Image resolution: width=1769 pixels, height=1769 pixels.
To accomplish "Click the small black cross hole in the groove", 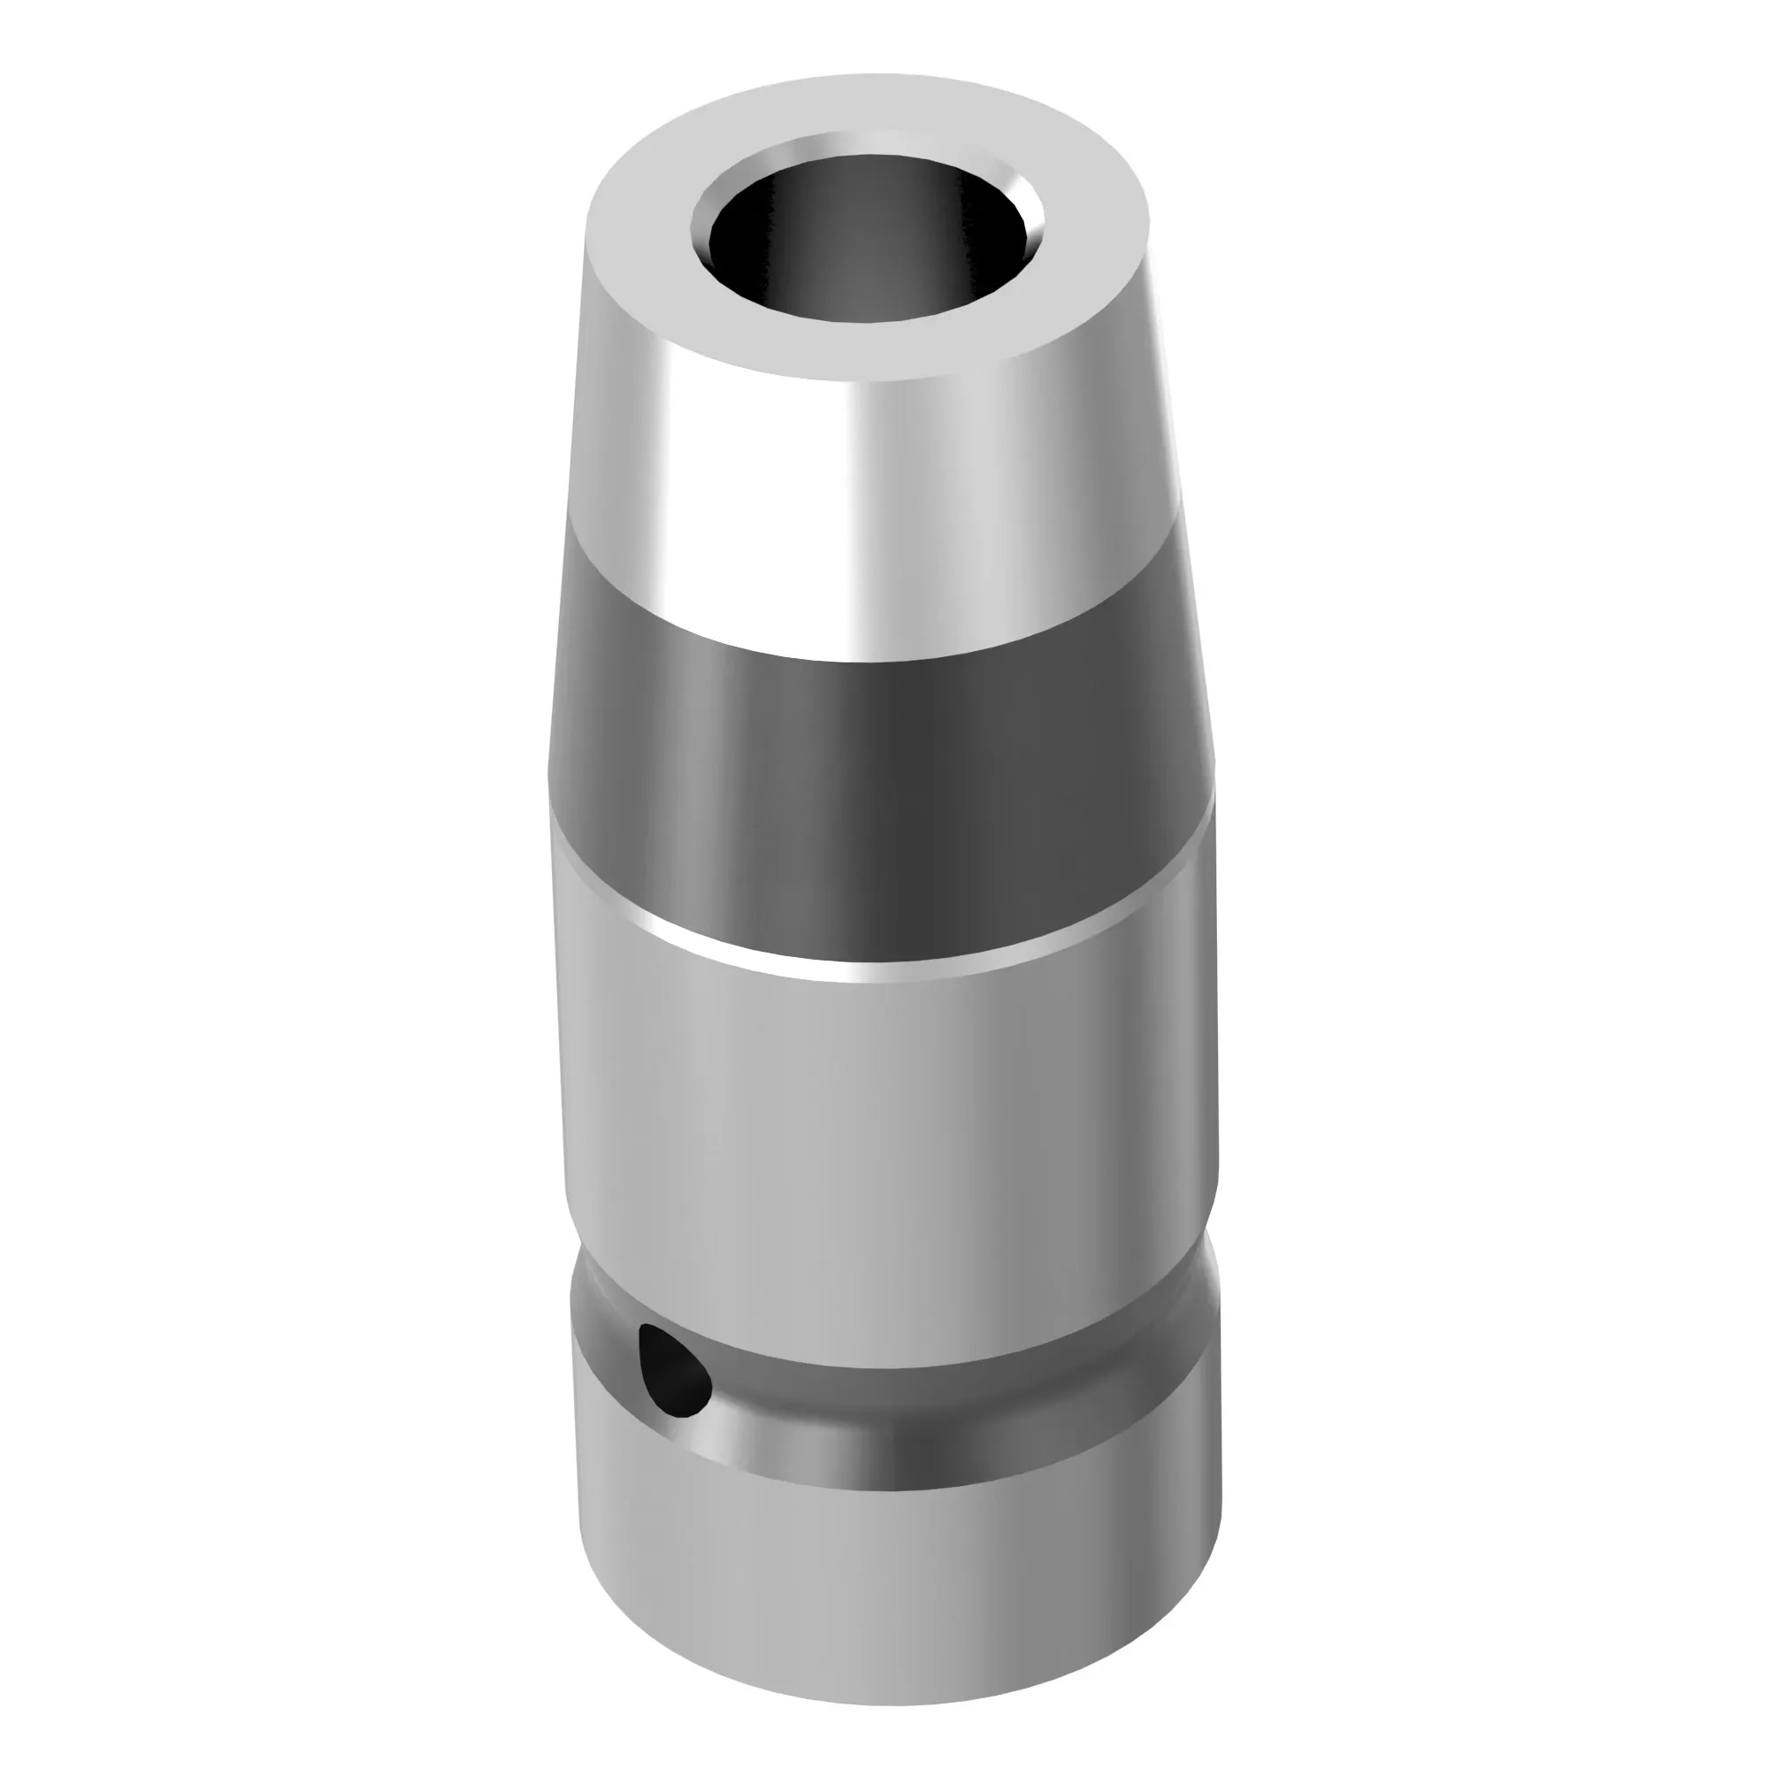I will point(676,1375).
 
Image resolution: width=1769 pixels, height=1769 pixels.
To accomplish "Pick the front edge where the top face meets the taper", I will point(869,379).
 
